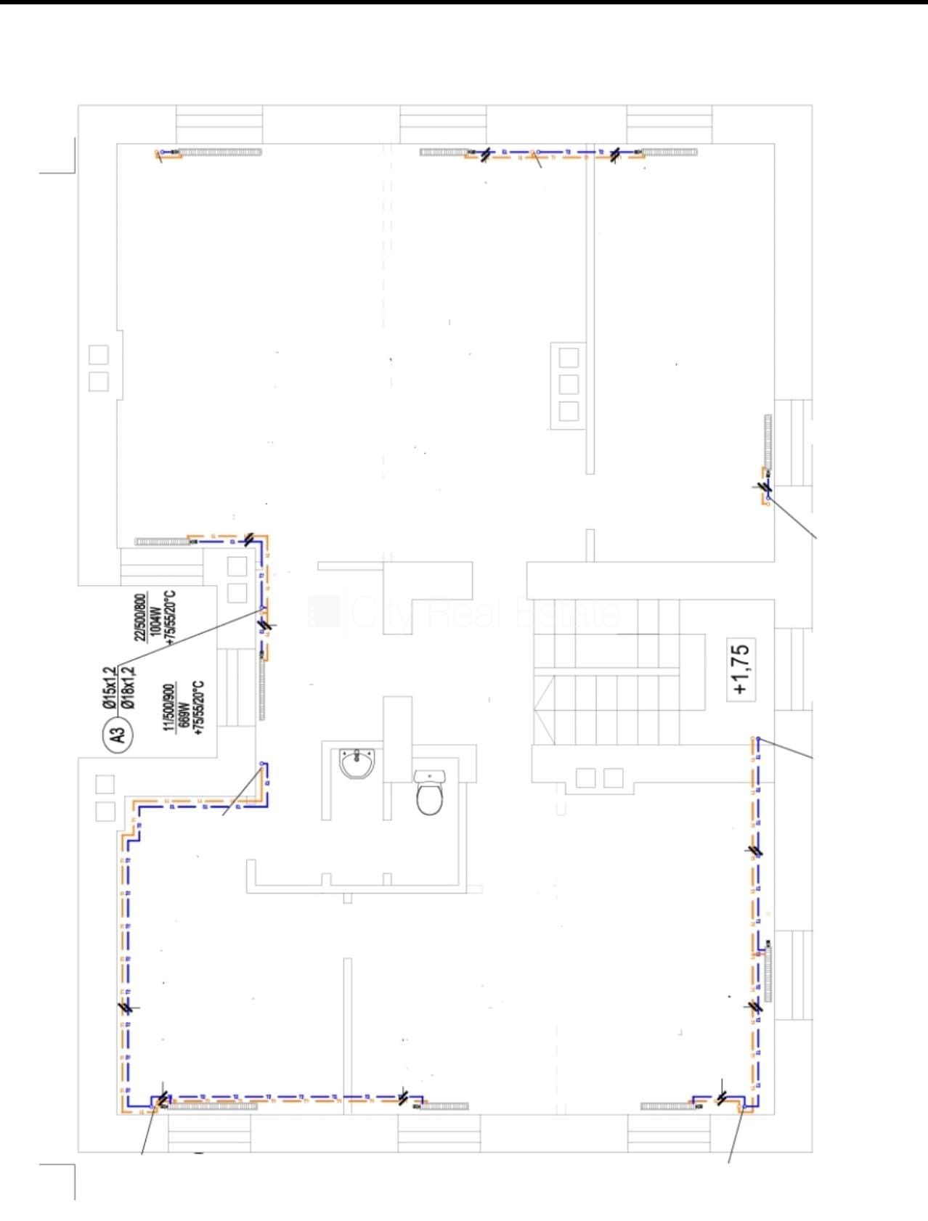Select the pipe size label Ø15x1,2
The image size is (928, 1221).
coord(109,687)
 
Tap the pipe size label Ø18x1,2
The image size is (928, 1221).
coord(128,687)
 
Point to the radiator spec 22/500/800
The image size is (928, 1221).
coord(139,618)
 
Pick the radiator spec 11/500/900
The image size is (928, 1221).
coord(169,706)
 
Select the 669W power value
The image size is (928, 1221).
coord(184,707)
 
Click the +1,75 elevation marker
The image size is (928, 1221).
coord(741,669)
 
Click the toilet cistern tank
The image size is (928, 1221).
coord(429,777)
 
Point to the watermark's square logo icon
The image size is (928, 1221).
coord(324,612)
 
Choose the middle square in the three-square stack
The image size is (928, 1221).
coord(569,384)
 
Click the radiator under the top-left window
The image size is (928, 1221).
coord(218,152)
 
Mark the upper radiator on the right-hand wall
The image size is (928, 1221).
coord(768,441)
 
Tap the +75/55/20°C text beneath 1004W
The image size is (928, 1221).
coord(171,618)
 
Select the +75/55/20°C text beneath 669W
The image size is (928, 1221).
coord(199,708)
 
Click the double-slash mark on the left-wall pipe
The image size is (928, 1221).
coord(126,1007)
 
